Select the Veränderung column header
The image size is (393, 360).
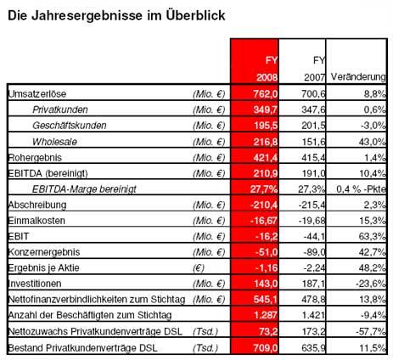358,77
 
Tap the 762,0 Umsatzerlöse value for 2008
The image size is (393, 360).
266,93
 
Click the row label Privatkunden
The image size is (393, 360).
60,110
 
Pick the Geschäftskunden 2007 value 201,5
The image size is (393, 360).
313,125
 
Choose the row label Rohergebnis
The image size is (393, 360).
35,157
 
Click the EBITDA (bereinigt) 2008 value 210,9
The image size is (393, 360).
266,173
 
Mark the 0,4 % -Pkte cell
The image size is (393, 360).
361,188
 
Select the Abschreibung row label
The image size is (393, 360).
37,205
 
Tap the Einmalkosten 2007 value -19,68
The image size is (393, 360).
312,220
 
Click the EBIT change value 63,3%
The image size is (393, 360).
372,236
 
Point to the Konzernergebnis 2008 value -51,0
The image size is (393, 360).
264,252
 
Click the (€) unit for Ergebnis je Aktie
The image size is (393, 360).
199,267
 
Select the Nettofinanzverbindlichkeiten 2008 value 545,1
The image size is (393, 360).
266,299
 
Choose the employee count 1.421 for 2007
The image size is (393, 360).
313,315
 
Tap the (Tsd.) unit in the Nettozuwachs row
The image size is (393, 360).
205,331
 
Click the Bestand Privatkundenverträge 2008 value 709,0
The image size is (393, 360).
266,347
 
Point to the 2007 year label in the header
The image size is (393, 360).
314,77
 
